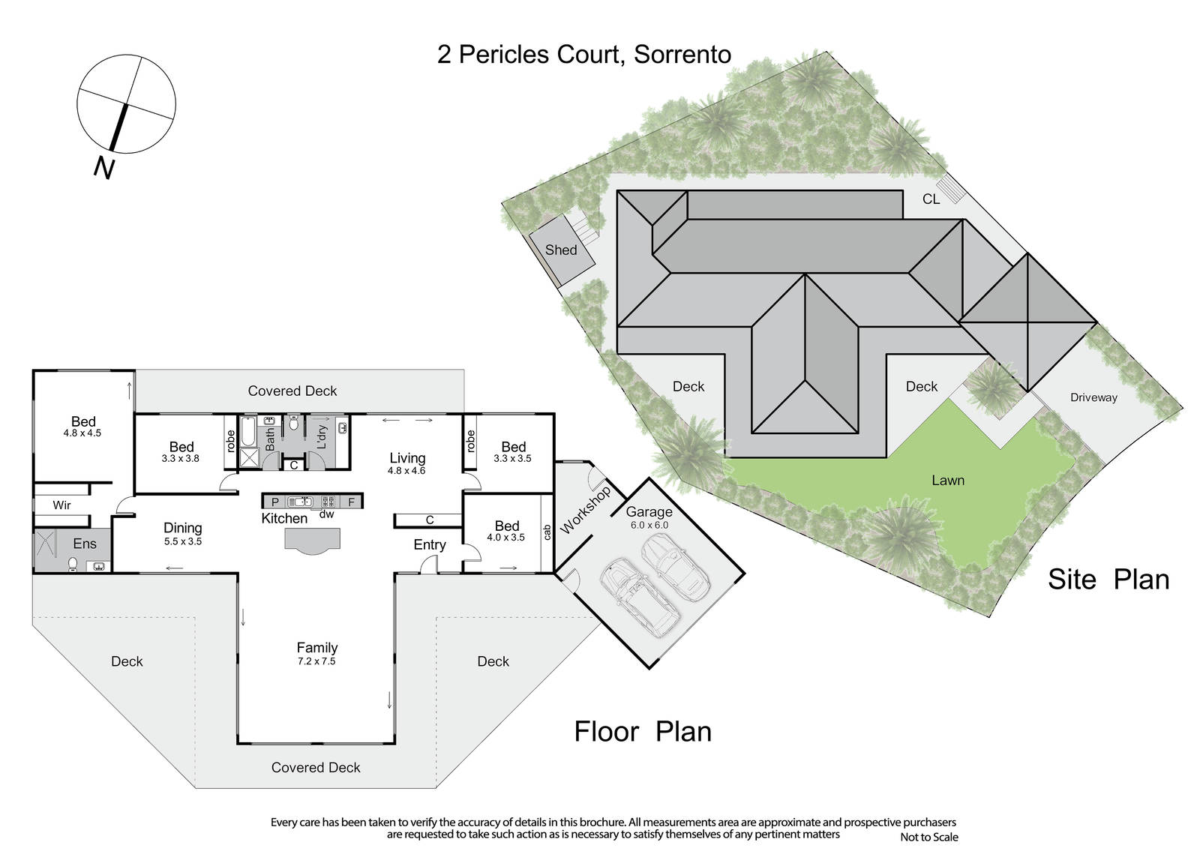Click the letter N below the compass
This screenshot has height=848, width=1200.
(104, 168)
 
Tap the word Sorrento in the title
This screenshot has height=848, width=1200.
(682, 55)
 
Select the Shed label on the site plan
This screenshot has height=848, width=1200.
(561, 250)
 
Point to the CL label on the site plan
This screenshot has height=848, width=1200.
(931, 199)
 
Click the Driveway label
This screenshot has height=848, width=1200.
(1093, 397)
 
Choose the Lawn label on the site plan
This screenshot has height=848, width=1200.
(948, 481)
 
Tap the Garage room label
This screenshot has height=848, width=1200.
(649, 512)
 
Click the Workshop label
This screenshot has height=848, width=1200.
(585, 511)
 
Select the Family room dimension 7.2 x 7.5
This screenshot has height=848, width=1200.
(316, 661)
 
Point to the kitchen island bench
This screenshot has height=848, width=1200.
(312, 540)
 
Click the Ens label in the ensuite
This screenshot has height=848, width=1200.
(85, 544)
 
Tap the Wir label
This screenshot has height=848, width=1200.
(61, 505)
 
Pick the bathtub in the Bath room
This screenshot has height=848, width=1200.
(248, 432)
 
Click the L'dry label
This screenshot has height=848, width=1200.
(322, 436)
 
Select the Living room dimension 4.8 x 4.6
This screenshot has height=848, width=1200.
(406, 471)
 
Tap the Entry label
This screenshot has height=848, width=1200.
(430, 545)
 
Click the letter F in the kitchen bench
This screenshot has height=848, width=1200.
(352, 502)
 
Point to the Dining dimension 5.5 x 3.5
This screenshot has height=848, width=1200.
(183, 541)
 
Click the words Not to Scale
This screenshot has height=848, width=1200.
(929, 837)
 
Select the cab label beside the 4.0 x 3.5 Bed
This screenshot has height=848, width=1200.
(547, 532)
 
